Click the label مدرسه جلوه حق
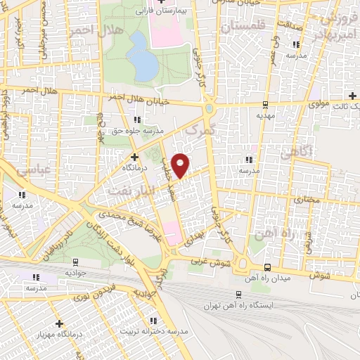coord(138,131)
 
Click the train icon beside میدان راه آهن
coord(267,268)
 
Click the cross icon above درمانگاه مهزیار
coord(60,323)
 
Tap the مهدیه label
coord(264,115)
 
